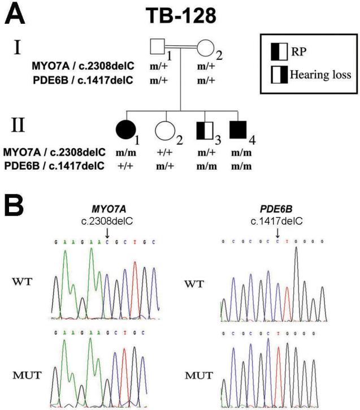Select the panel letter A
tap(15, 14)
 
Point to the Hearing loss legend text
tap(320, 74)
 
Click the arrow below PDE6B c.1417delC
tap(277, 232)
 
